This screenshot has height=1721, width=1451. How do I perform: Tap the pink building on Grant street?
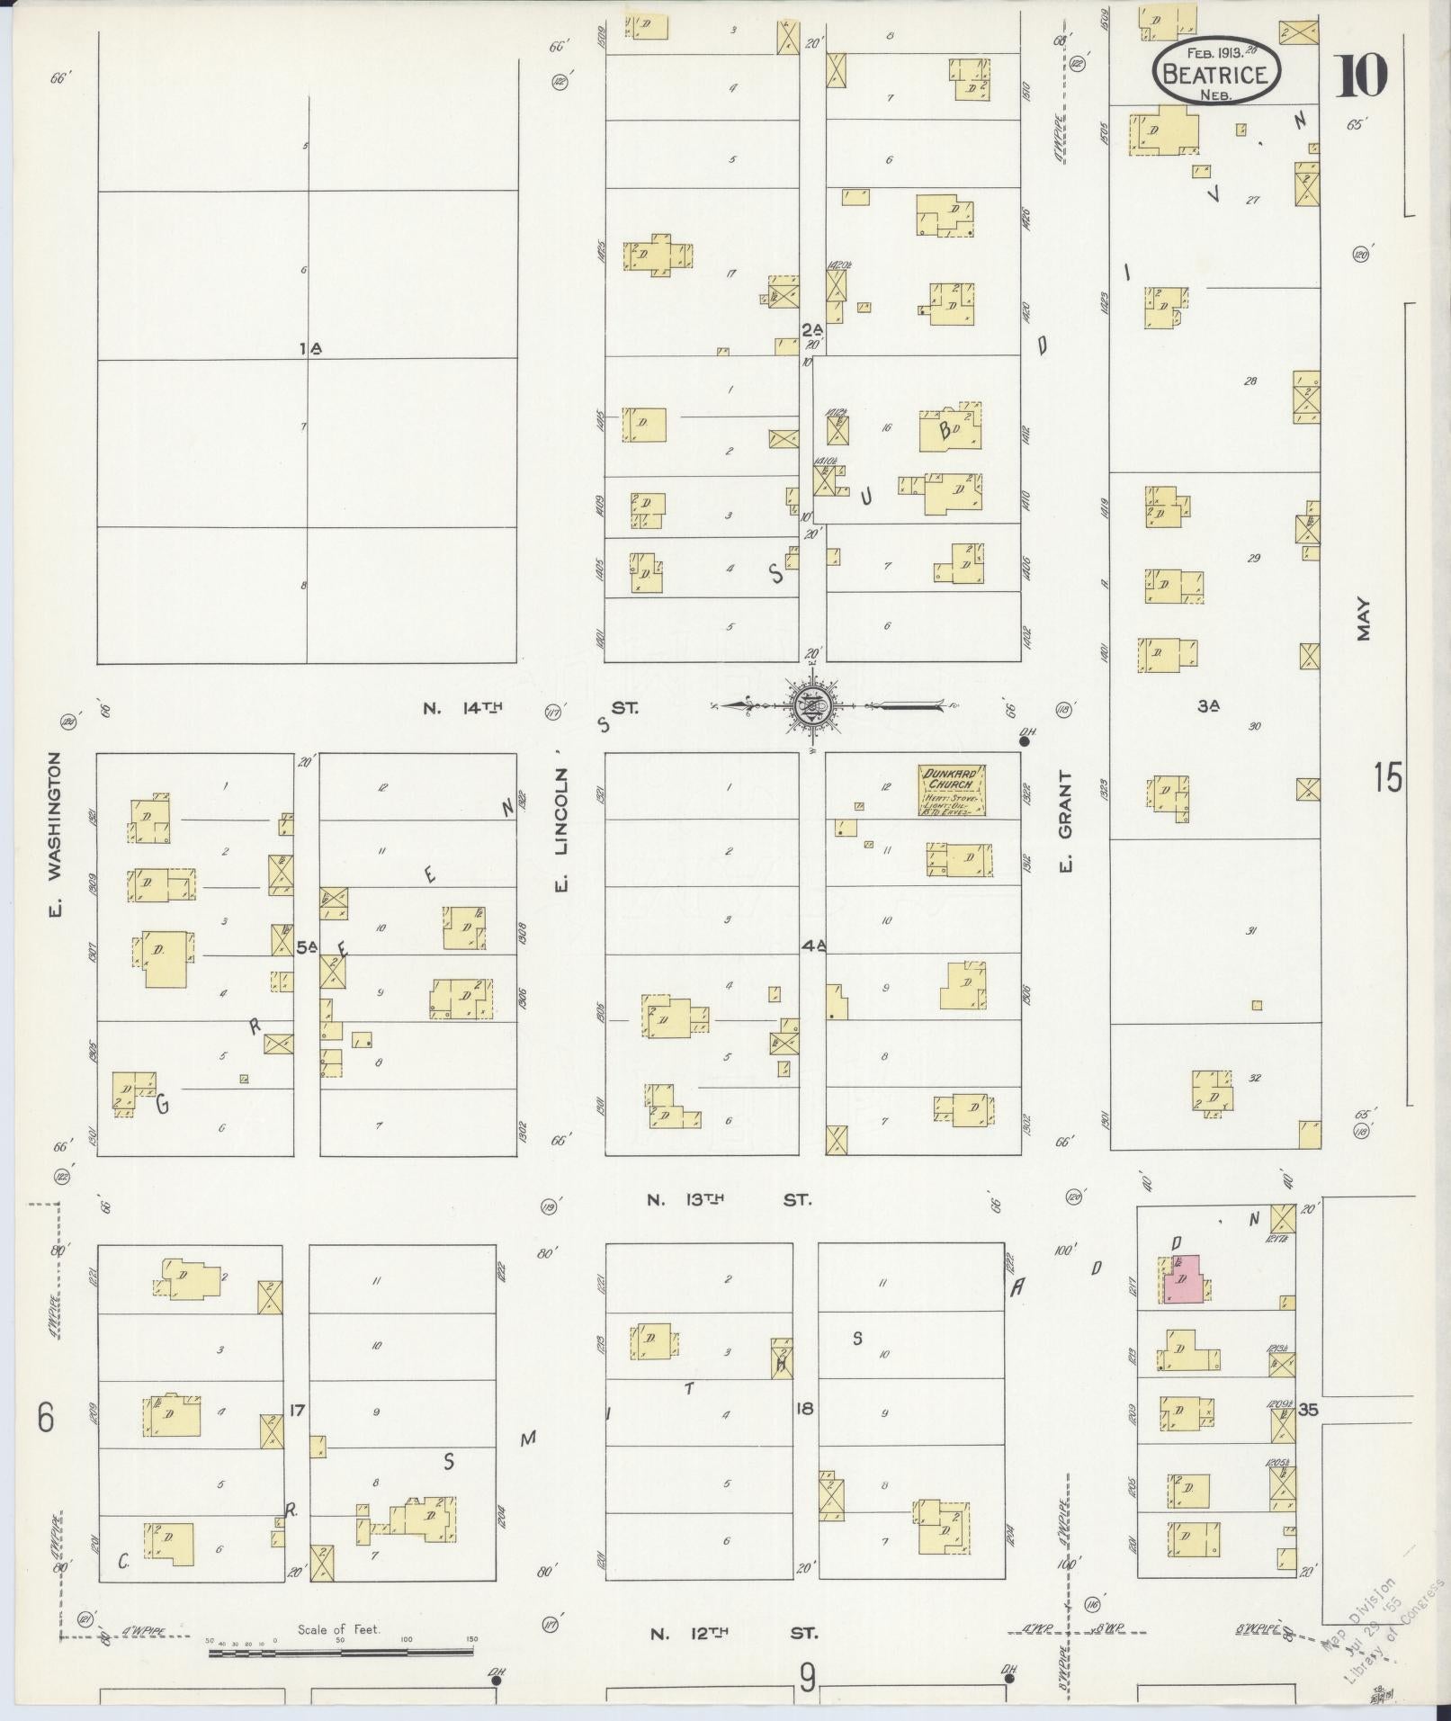(x=1186, y=1281)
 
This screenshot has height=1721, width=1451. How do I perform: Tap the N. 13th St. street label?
(x=729, y=1199)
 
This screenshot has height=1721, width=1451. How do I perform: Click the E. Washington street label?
(x=56, y=837)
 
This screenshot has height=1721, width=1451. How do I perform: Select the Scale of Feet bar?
(x=342, y=1650)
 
